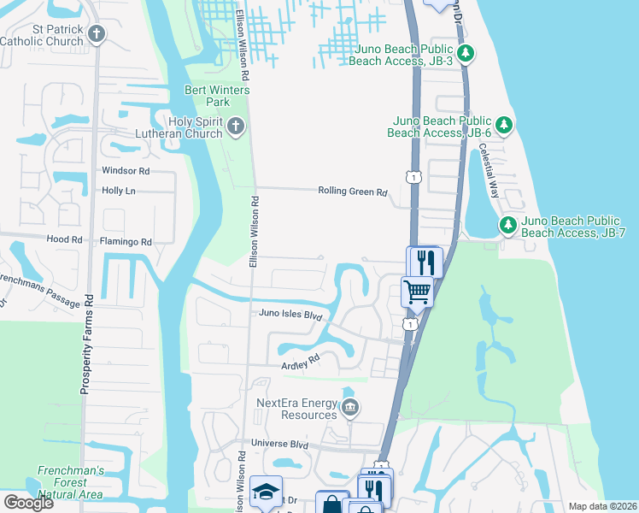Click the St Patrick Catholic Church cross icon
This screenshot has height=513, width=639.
tap(97, 34)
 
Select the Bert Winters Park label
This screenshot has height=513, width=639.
tap(208, 96)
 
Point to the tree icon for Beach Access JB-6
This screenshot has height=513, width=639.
tap(504, 126)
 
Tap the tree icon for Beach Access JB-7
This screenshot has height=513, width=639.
tap(508, 225)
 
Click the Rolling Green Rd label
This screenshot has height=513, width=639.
tap(352, 192)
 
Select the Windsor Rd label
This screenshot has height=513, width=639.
tap(126, 171)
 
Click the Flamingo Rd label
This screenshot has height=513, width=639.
tap(125, 242)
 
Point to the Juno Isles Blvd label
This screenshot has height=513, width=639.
tap(291, 315)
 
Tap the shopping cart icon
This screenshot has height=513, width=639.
tap(418, 292)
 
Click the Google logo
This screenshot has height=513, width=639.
tap(28, 503)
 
